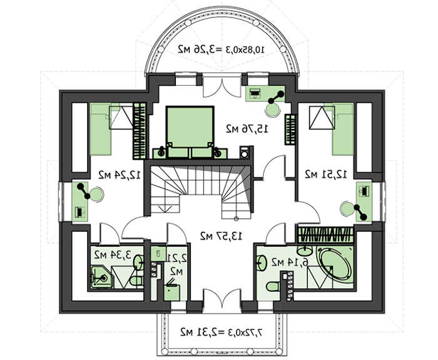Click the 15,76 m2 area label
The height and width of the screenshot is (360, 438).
click(247, 129)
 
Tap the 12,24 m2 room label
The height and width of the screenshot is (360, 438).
click(120, 175)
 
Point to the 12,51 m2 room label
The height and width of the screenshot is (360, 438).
click(326, 175)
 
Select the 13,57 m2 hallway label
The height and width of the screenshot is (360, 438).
click(221, 236)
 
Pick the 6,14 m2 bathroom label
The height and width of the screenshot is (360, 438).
click(290, 262)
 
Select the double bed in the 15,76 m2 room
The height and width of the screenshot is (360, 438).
click(190, 132)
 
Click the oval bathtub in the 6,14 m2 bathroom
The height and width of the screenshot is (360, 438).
click(335, 264)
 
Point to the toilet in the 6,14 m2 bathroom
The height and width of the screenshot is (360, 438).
click(273, 286)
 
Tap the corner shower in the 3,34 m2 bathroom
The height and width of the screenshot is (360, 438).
click(102, 277)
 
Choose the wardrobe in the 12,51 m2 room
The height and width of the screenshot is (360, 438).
click(326, 235)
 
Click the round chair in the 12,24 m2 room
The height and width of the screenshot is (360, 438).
click(97, 195)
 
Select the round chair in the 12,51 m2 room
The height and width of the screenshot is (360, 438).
click(347, 208)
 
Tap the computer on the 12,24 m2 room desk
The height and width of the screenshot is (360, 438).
click(80, 212)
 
